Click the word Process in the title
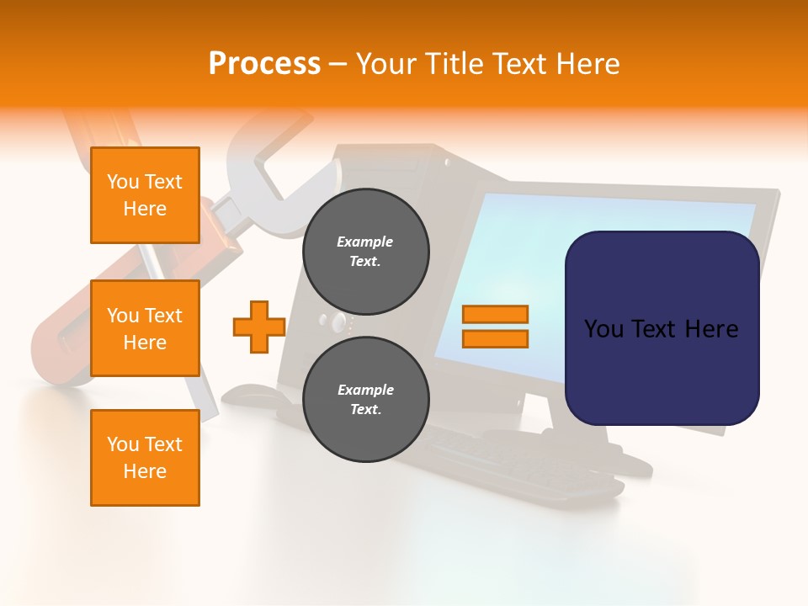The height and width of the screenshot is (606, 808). (x=264, y=64)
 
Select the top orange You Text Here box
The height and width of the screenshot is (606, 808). (x=145, y=195)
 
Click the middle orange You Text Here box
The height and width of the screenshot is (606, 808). (x=145, y=328)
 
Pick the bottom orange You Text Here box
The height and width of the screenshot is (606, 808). (x=145, y=457)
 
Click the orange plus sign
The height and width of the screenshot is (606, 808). (x=259, y=327)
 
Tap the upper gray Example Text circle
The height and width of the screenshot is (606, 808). (x=366, y=252)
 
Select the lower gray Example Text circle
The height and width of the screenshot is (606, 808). (x=366, y=400)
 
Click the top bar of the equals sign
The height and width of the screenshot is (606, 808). (x=495, y=315)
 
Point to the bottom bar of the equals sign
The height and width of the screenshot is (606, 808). (x=495, y=339)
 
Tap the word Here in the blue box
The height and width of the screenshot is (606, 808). (x=711, y=329)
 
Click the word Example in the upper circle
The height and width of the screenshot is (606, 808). (x=365, y=242)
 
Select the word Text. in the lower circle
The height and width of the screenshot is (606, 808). (x=365, y=410)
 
